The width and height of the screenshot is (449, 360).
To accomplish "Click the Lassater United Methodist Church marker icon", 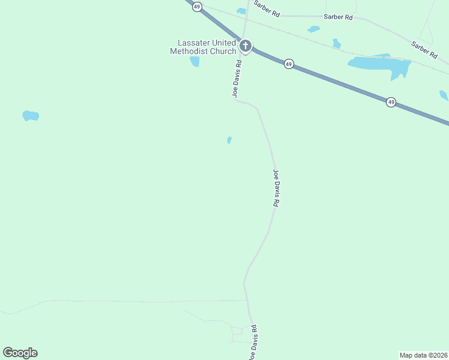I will tap(245, 46).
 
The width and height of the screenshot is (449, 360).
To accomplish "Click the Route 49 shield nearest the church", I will tap(289, 64).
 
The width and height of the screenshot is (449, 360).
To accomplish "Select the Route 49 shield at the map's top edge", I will tap(197, 6).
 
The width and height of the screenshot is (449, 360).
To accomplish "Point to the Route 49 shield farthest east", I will tap(391, 102).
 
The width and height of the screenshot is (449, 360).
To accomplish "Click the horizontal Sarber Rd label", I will tap(338, 17).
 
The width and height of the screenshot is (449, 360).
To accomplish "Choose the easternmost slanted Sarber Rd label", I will tap(424, 49).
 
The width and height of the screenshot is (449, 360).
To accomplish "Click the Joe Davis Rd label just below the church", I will tap(237, 78).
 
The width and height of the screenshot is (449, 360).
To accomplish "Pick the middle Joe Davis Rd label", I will tap(276, 188).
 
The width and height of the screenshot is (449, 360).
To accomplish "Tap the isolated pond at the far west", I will tap(31, 115).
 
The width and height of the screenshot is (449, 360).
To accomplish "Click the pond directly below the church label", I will tap(194, 61).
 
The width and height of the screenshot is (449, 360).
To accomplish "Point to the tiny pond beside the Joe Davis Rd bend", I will tap(229, 140).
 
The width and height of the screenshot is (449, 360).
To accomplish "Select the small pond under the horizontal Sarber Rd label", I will tap(313, 29).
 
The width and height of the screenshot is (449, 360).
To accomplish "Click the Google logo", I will tap(20, 353).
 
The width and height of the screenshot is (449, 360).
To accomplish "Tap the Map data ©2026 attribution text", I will tap(423, 355).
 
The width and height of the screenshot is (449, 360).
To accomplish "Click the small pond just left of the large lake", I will tap(337, 43).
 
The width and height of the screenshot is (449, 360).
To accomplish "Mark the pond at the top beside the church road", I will tap(241, 11).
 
